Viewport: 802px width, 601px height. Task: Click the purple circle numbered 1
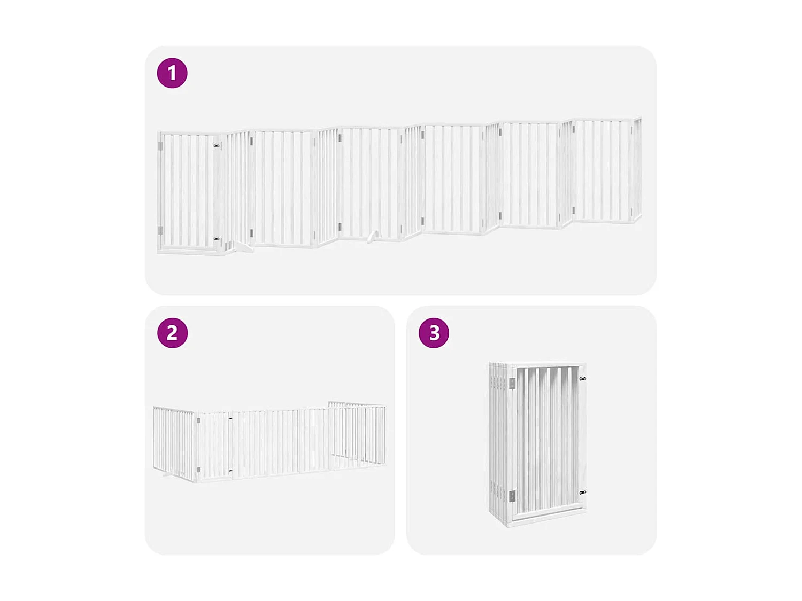tap(172, 73)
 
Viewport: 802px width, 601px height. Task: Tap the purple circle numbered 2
tap(172, 333)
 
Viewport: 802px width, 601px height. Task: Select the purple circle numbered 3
tap(434, 333)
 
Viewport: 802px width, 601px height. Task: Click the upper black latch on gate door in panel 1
tap(217, 145)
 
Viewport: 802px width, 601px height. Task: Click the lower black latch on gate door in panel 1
tap(217, 239)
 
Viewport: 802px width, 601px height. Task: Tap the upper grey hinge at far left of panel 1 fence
tap(160, 146)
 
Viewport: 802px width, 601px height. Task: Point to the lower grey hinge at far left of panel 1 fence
tap(160, 230)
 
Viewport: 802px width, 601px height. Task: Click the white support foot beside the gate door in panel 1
tap(244, 247)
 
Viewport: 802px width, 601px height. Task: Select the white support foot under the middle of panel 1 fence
tap(373, 236)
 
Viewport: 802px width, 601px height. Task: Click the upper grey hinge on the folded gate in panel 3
tap(512, 383)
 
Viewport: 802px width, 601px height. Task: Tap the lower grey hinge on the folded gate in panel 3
tap(512, 496)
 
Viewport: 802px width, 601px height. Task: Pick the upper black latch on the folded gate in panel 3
tap(582, 379)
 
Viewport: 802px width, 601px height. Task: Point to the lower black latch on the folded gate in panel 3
tap(582, 493)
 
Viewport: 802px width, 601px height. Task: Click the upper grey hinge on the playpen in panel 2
tap(199, 421)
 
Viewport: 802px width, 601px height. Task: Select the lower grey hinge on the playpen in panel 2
tap(199, 470)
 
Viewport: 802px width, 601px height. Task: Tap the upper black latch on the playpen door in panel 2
tap(231, 419)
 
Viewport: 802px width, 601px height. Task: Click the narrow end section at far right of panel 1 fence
tap(637, 168)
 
